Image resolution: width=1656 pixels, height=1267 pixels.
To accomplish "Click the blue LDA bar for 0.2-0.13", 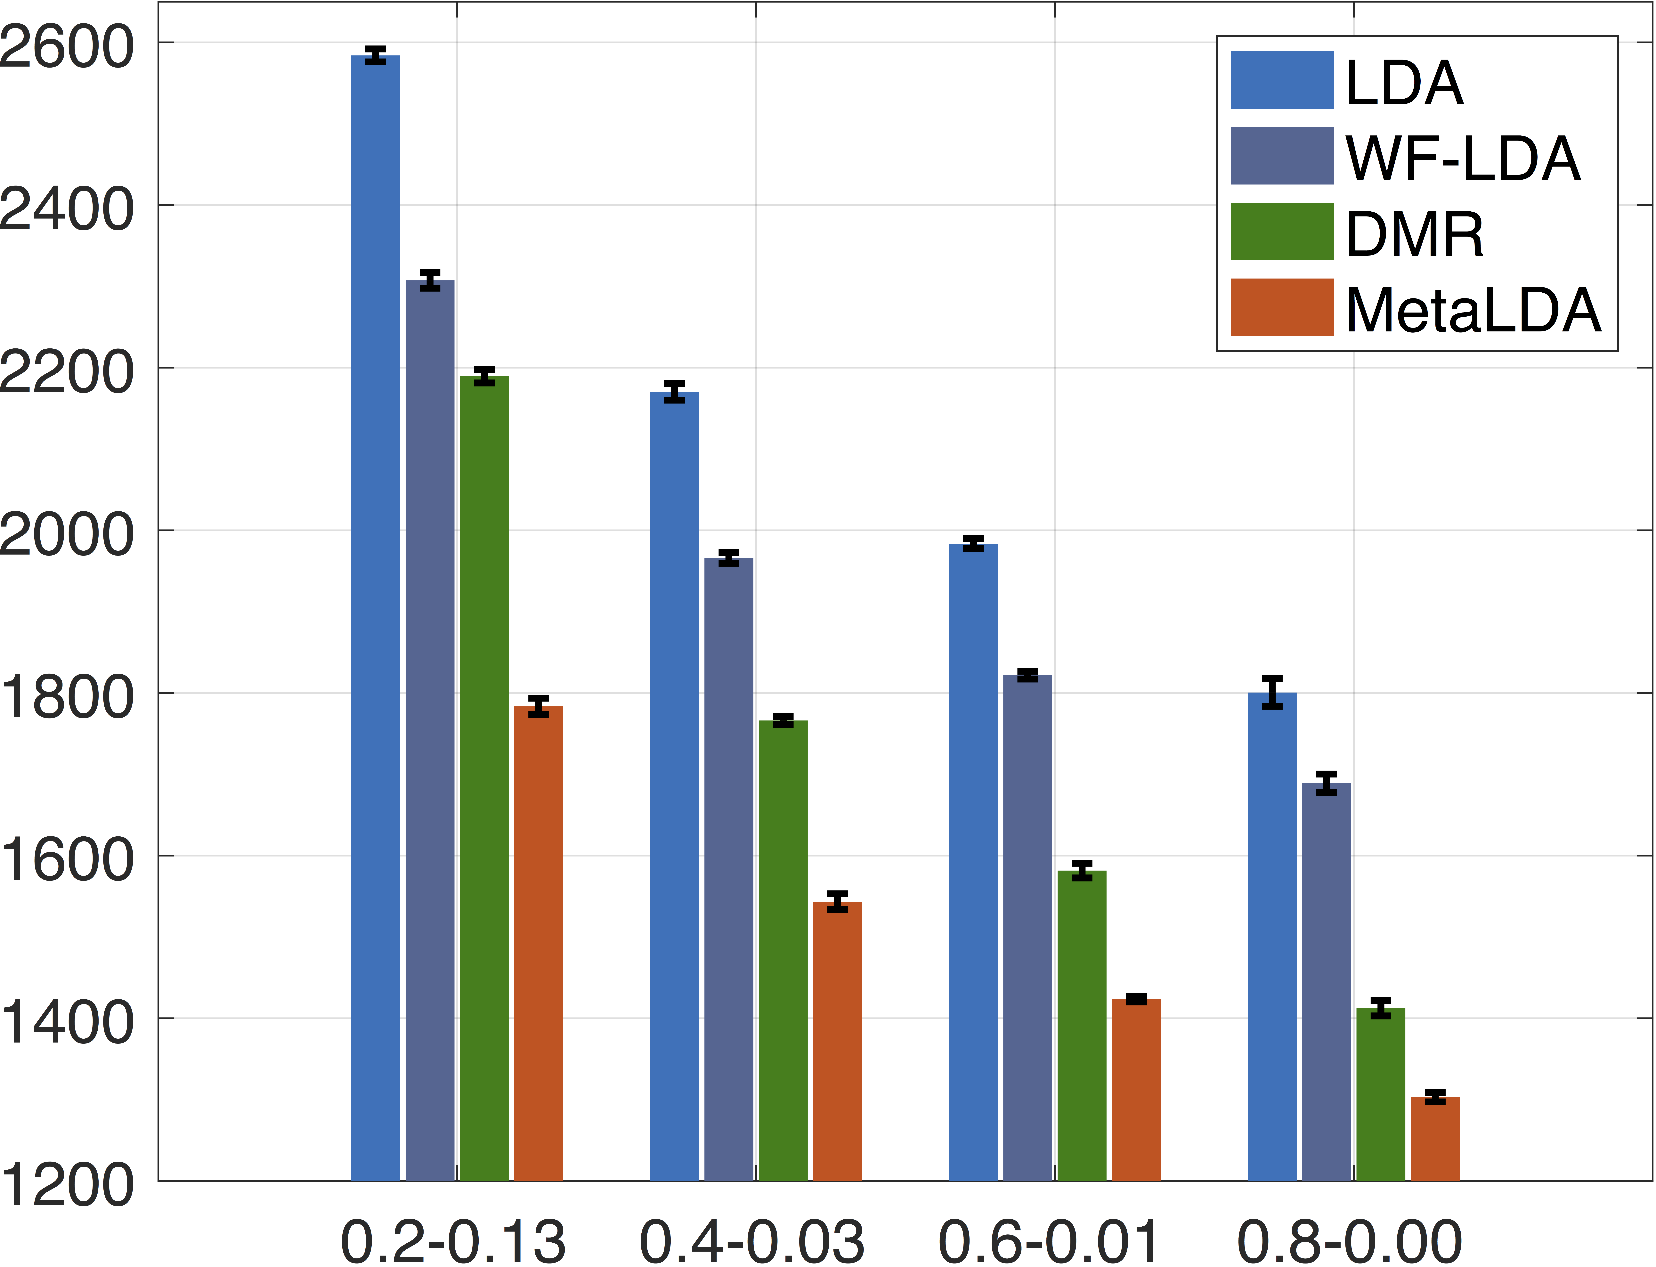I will coord(376,618).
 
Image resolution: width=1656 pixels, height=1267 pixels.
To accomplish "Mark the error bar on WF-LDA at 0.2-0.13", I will coord(430,280).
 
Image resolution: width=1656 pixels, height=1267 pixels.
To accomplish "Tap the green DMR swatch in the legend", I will coord(1282,231).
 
